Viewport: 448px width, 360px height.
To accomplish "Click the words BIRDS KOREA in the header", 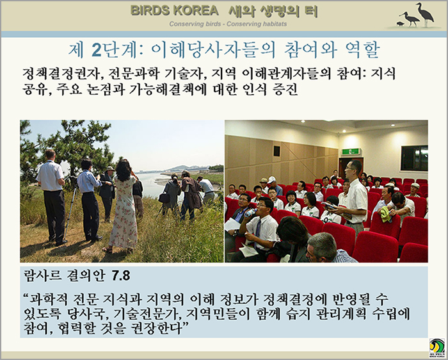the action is (x=174, y=11).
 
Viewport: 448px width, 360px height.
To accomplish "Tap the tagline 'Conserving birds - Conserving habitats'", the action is (x=228, y=24).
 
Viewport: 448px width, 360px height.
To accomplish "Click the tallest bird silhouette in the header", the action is (x=425, y=14).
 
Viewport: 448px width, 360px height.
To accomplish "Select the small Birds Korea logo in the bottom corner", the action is (x=437, y=348).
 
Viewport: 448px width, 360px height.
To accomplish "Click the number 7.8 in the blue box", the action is (x=121, y=276).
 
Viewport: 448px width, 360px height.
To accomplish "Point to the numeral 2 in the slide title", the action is (x=97, y=50).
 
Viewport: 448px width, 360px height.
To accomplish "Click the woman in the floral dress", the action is (x=124, y=206).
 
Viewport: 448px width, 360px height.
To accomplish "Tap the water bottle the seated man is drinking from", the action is (x=250, y=213).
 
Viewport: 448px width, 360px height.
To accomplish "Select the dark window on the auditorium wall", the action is (x=414, y=158).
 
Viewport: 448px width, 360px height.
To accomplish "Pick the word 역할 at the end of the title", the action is (x=362, y=50).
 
